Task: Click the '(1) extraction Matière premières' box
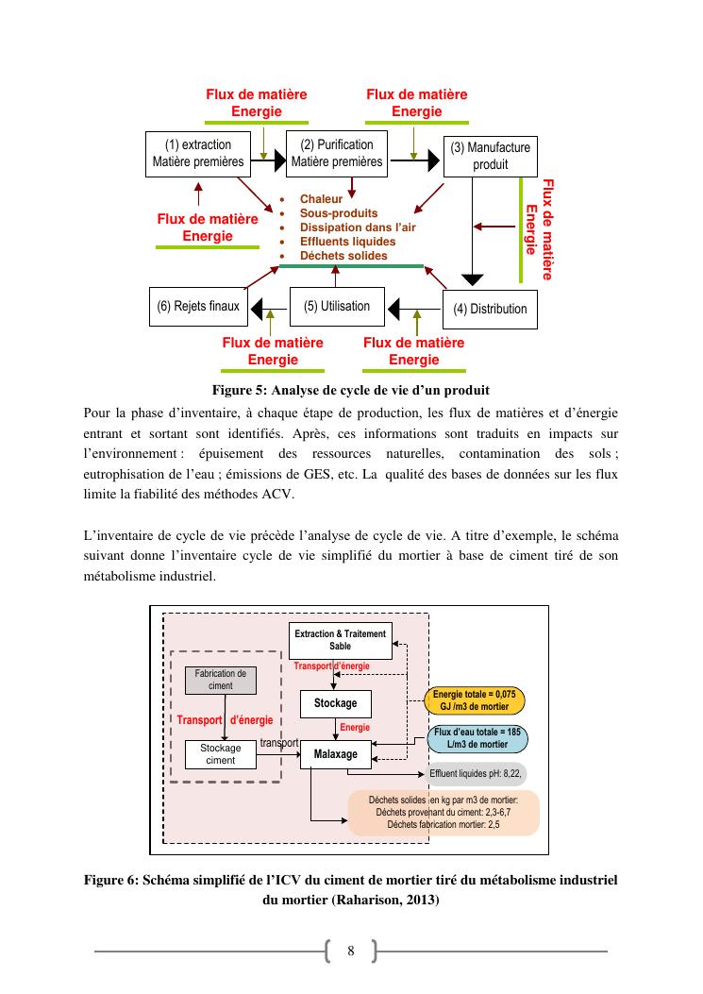198,153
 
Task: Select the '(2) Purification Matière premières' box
337,153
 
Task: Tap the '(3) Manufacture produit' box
490,156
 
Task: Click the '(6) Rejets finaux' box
197,307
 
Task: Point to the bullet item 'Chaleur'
321,199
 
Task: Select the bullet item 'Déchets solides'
343,256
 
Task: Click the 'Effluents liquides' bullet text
347,242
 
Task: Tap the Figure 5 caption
351,390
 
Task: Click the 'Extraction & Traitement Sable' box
340,640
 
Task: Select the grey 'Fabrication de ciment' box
220,680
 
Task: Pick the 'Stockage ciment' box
220,753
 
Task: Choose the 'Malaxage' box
335,754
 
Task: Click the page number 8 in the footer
351,950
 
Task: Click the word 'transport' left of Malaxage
279,742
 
